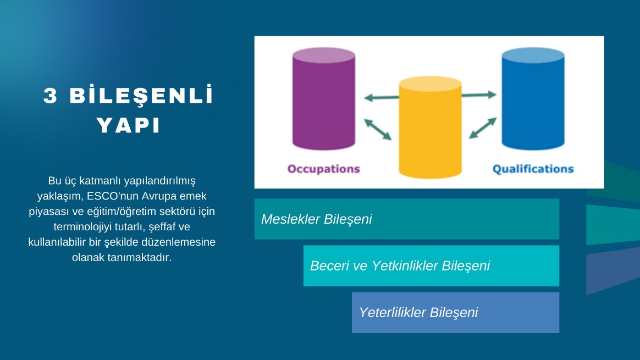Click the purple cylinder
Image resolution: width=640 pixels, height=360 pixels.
click(324, 99)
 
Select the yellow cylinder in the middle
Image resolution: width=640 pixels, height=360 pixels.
click(430, 128)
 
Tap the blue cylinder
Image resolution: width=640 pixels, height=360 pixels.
click(533, 99)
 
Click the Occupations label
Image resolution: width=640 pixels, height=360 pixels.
click(324, 169)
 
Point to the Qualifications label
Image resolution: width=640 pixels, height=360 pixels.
click(533, 169)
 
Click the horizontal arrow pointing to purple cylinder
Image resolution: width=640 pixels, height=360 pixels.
click(381, 97)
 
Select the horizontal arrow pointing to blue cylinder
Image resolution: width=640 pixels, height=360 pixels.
click(479, 95)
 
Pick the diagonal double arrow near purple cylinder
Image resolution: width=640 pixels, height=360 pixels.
click(378, 129)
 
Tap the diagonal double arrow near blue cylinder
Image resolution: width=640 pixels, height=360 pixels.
click(483, 128)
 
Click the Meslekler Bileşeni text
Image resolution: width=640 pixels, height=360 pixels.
click(316, 219)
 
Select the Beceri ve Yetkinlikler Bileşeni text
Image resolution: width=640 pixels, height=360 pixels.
click(400, 265)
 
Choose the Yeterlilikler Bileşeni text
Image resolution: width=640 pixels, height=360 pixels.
click(418, 312)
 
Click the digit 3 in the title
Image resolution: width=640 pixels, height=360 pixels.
click(50, 96)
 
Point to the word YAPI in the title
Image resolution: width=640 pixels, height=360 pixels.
click(128, 125)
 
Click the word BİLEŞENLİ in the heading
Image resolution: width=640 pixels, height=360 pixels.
click(141, 96)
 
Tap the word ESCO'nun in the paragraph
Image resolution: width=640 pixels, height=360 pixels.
click(113, 196)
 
